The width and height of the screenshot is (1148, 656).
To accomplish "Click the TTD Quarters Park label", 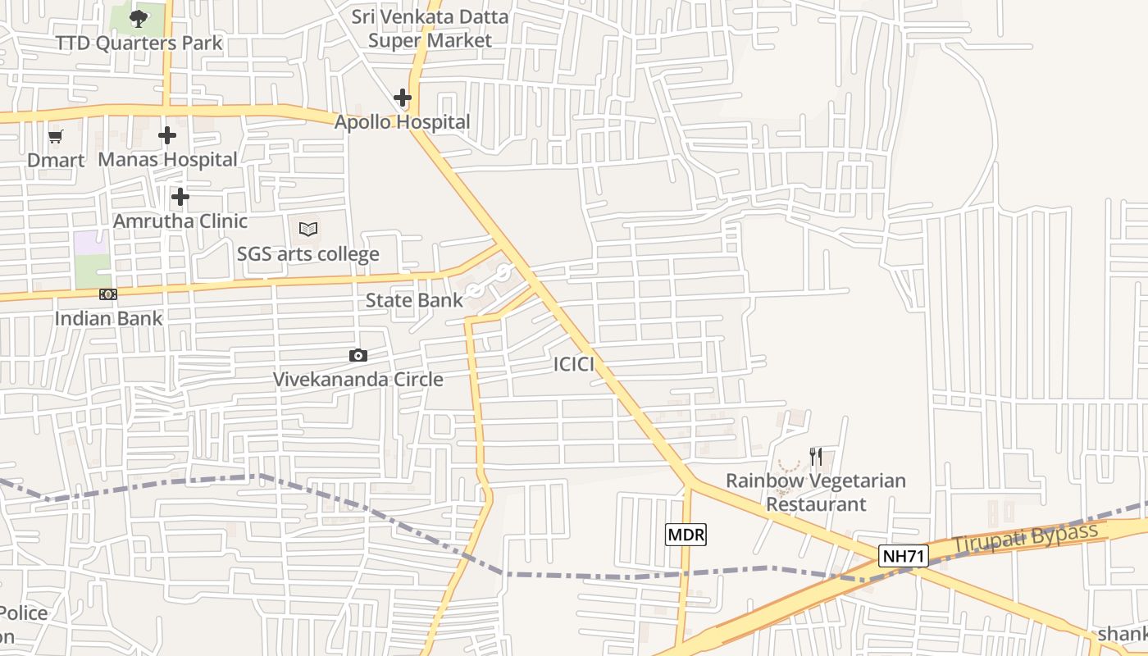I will pos(139,43).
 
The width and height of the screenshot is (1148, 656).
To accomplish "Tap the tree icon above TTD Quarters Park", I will pos(139,18).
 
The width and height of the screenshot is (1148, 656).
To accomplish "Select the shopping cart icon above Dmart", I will pos(56,137).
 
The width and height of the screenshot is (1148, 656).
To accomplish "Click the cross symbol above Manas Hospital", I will pos(167,135).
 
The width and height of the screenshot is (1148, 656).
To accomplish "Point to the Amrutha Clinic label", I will pos(180,221).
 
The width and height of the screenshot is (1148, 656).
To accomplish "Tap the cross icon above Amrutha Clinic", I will pos(180,197).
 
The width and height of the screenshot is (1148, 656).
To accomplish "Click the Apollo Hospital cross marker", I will pos(402,98).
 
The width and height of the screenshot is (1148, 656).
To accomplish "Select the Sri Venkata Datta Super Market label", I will pos(430,29).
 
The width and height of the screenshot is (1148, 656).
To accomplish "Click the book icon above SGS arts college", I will pos(308,230).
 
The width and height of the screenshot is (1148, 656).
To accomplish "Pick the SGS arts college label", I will pos(308,254).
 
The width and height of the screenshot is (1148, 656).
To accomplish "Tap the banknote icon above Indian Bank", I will pos(108,294).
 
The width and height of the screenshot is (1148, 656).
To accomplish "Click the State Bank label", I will pos(414,300).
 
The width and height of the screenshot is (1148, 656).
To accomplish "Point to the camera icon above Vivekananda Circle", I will pos(358,355).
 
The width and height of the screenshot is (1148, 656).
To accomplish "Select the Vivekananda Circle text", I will pos(358,380).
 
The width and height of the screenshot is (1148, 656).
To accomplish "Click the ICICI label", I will pos(573,365).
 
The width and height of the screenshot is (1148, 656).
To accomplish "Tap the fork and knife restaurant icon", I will pos(816,457).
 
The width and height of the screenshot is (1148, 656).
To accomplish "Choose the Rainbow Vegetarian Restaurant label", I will pos(816,492).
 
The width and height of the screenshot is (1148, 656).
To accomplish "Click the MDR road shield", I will pos(686,535).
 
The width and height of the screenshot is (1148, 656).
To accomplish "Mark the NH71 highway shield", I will pos(903,557).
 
